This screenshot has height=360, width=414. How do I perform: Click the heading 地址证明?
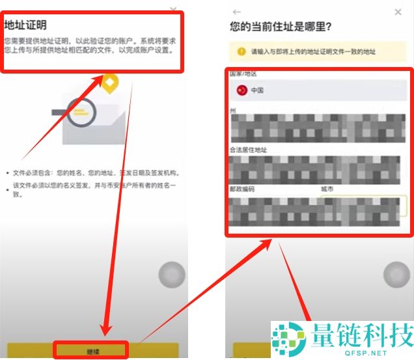[x=26, y=25]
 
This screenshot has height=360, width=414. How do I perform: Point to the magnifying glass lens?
[x=80, y=113]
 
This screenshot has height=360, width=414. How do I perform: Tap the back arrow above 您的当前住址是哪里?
[x=236, y=12]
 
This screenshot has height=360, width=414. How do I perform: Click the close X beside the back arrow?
[x=398, y=12]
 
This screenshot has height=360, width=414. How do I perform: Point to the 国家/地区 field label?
[x=244, y=74]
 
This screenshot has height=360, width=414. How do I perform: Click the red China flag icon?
[x=241, y=90]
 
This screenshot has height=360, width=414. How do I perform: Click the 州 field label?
[x=233, y=111]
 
